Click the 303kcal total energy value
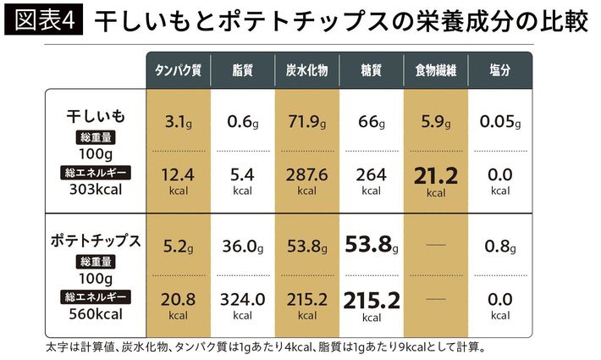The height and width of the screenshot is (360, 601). (x=96, y=189)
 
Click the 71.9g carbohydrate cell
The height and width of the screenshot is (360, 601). (x=306, y=123)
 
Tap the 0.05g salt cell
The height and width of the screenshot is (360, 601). (x=499, y=123)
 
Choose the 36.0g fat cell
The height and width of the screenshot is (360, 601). (x=243, y=247)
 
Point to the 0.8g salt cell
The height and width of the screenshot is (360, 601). (x=499, y=247)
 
